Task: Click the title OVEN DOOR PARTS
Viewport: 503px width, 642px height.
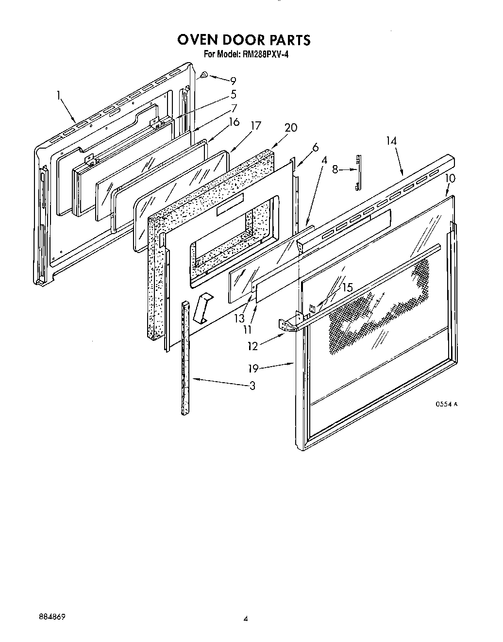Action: (x=244, y=39)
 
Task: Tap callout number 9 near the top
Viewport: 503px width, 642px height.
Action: (x=233, y=81)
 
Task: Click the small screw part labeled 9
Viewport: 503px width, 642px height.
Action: (x=204, y=75)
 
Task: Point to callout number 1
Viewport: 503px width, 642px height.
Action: (x=59, y=96)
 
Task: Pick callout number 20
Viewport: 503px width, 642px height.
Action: (x=291, y=128)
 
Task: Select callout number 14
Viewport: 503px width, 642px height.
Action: (x=392, y=141)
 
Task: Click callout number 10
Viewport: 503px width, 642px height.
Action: (x=450, y=178)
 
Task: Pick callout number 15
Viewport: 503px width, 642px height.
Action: (x=347, y=287)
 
